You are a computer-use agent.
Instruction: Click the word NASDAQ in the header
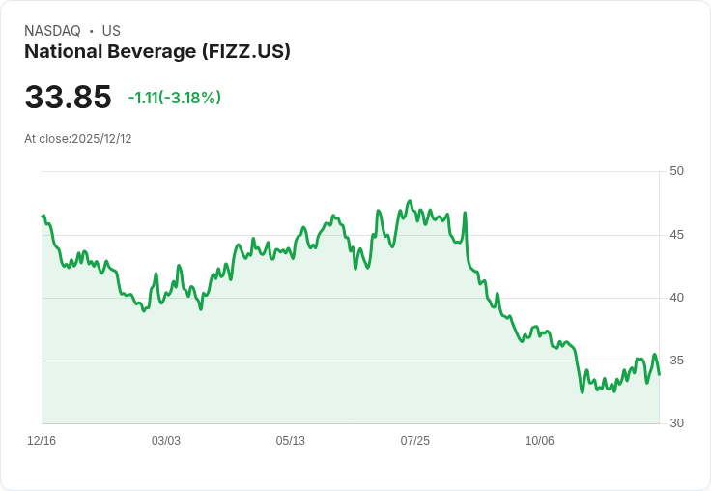52,31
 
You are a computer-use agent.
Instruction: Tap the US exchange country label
111,31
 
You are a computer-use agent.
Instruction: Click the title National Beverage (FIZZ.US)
157,51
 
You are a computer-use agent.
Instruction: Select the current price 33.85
68,98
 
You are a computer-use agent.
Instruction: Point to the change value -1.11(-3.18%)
174,98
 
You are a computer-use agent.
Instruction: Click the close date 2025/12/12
101,139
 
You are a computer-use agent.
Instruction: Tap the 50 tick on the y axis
676,171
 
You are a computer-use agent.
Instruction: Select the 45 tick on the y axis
676,235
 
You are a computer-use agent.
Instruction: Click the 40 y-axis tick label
676,298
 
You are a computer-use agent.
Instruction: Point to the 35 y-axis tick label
676,361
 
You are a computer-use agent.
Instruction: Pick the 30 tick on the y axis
676,423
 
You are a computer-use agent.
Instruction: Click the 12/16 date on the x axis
42,441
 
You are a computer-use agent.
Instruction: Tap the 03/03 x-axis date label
166,441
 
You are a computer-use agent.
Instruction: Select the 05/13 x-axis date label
290,441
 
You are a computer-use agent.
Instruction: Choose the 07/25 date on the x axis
414,441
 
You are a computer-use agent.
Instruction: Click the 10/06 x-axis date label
539,441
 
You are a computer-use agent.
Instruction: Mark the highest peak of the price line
410,201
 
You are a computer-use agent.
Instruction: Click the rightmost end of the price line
659,374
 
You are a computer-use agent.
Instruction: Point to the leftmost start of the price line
43,216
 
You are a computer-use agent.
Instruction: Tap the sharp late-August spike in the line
465,213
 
